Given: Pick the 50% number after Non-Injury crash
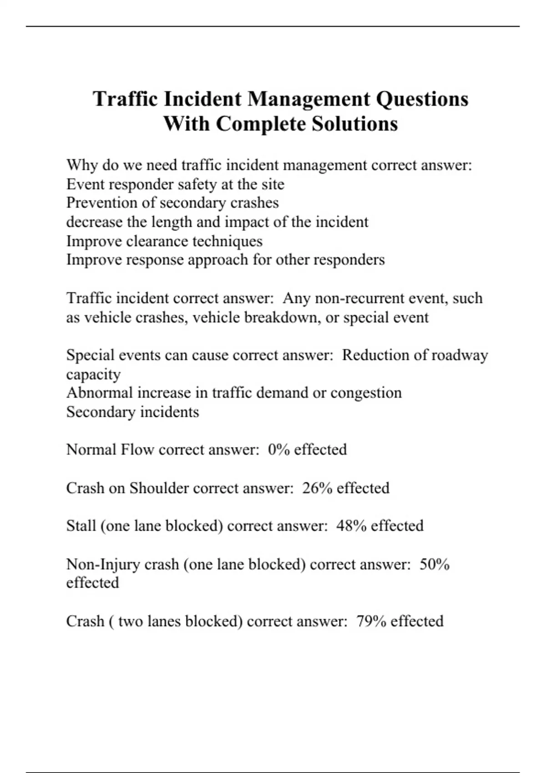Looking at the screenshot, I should tap(435, 564).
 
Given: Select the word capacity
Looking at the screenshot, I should tap(93, 375).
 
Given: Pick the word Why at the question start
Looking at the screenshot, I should tap(82, 165).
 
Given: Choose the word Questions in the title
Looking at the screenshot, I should tap(422, 99).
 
